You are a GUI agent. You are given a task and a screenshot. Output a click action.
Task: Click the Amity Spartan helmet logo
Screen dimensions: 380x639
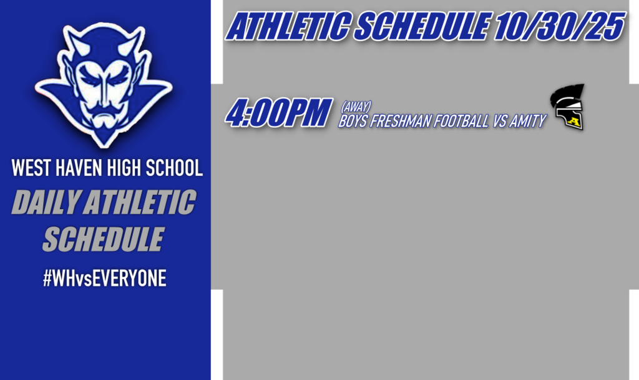pyautogui.click(x=567, y=107)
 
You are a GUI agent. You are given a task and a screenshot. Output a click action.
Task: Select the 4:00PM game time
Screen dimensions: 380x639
pyautogui.click(x=277, y=114)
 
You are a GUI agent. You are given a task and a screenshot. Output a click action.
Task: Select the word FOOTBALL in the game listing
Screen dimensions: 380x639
pyautogui.click(x=462, y=122)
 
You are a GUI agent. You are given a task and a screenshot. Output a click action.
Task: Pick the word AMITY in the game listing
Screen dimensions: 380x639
pyautogui.click(x=527, y=122)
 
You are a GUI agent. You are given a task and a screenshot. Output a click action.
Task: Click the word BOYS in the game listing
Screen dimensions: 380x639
pyautogui.click(x=353, y=122)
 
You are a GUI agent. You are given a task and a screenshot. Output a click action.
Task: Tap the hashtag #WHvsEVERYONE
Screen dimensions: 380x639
pyautogui.click(x=104, y=279)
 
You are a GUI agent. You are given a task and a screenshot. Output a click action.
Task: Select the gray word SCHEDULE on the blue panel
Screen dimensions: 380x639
pyautogui.click(x=103, y=239)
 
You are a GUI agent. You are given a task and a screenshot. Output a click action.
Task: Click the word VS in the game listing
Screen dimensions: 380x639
pyautogui.click(x=500, y=122)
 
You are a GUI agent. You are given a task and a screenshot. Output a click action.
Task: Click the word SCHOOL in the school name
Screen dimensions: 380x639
pyautogui.click(x=172, y=168)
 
